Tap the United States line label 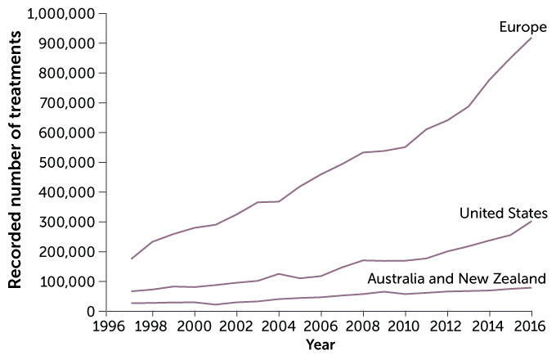(x=503, y=214)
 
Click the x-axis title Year (x=321, y=345)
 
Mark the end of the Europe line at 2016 (x=531, y=38)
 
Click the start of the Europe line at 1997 (x=132, y=259)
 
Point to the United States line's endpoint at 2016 (x=531, y=221)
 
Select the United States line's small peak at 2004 (x=280, y=273)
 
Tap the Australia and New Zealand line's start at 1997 (x=132, y=303)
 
